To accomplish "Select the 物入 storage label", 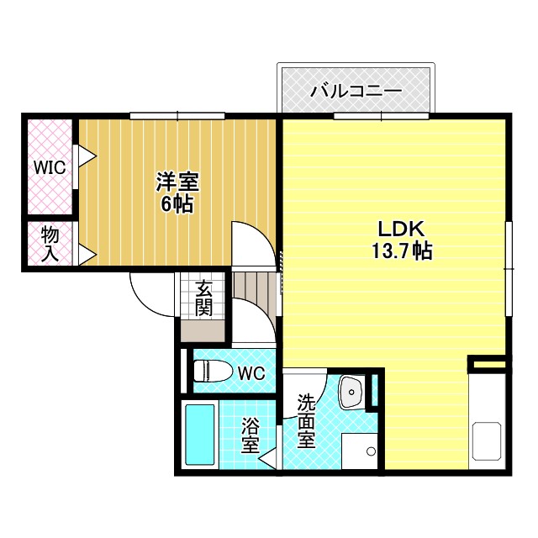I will click(x=50, y=244).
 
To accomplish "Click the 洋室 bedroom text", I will click(x=177, y=182).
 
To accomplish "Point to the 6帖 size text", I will click(x=177, y=203).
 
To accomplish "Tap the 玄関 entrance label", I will click(x=203, y=298).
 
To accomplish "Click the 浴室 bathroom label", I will click(x=250, y=435).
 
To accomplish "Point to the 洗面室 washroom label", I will click(x=305, y=420).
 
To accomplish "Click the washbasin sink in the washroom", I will click(x=351, y=392).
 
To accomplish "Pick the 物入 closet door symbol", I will click(x=85, y=254).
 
